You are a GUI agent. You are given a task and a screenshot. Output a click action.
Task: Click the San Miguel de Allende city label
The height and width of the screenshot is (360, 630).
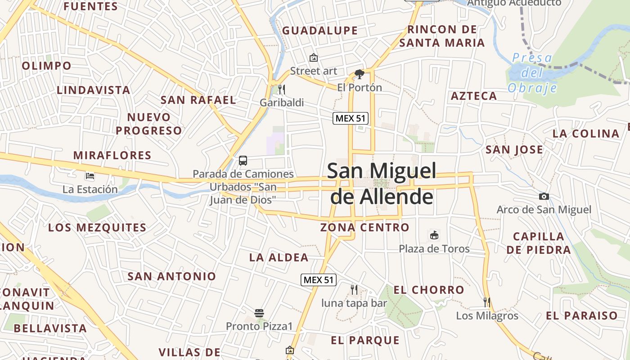382,184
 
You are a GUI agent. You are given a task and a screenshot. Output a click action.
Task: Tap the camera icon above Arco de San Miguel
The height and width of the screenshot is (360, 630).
544,196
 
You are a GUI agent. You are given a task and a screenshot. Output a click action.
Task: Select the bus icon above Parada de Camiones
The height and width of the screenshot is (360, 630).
243,160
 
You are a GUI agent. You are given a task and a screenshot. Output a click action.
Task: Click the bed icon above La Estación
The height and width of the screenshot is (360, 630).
90,175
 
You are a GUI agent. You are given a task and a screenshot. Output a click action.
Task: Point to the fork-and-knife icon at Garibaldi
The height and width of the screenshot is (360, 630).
282,89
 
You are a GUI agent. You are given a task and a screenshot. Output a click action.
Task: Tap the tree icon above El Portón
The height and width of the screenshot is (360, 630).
359,74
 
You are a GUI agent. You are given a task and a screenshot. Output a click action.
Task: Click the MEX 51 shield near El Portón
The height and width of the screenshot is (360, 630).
351,118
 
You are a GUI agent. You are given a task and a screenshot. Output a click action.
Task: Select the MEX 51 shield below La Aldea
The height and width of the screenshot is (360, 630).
319,279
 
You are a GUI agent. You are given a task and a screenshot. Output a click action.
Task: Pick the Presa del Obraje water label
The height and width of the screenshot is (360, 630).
532,72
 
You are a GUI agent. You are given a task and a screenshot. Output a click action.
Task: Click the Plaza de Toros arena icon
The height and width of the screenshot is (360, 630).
434,235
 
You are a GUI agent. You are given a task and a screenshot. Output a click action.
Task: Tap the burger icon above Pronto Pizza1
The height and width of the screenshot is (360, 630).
259,313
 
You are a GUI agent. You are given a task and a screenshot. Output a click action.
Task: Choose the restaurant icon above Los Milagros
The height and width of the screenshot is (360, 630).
487,302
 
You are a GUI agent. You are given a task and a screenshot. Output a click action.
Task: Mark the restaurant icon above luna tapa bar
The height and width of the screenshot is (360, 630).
354,289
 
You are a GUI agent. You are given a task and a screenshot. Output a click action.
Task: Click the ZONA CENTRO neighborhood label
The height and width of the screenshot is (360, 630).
364,227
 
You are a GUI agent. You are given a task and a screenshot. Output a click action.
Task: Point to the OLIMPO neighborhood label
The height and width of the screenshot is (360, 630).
47,66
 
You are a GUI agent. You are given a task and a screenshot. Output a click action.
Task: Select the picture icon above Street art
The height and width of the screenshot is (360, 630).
314,58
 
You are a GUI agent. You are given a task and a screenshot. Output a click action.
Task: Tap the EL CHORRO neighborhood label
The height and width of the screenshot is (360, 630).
428,290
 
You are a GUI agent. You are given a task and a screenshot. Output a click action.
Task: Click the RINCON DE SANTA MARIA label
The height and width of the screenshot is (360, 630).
442,36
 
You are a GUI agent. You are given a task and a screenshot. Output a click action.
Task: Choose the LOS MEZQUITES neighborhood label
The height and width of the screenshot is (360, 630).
97,227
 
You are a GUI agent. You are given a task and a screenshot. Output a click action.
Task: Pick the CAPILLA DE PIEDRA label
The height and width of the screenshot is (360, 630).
539,243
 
